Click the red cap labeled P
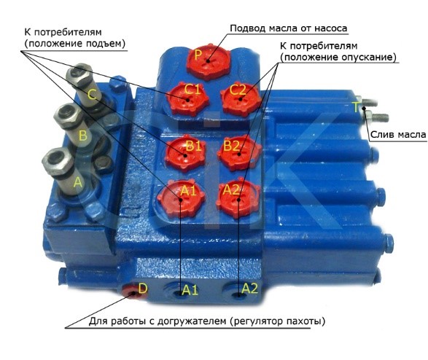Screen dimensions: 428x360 pyautogui.click(x=209, y=61)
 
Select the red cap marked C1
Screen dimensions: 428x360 pyautogui.click(x=188, y=98)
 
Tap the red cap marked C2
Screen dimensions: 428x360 pyautogui.click(x=240, y=98)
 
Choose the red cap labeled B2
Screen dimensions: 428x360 pyautogui.click(x=239, y=154)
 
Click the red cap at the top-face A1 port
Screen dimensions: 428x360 pyautogui.click(x=181, y=198)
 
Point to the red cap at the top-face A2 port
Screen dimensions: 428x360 pyautogui.click(x=238, y=198)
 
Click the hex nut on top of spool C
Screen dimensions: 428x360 pyautogui.click(x=79, y=74)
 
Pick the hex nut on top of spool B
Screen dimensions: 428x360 pyautogui.click(x=68, y=116)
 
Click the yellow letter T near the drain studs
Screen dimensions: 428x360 pyautogui.click(x=356, y=107)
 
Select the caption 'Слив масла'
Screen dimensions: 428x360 pyautogui.click(x=398, y=135)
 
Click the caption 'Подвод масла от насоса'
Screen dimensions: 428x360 pyautogui.click(x=289, y=28)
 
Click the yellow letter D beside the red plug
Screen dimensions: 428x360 pyautogui.click(x=143, y=289)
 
